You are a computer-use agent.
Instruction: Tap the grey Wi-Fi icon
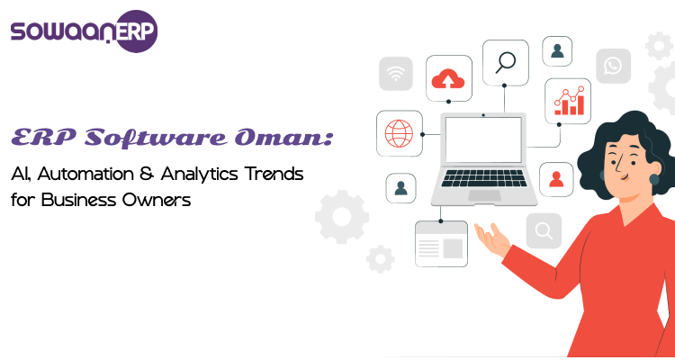394,74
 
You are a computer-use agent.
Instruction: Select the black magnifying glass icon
505,62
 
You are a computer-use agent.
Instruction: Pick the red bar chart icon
568,101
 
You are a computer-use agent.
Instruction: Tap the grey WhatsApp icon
613,66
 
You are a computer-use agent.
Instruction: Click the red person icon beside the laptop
556,178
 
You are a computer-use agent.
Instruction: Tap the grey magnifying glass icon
544,231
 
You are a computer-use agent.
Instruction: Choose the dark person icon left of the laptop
400,187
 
